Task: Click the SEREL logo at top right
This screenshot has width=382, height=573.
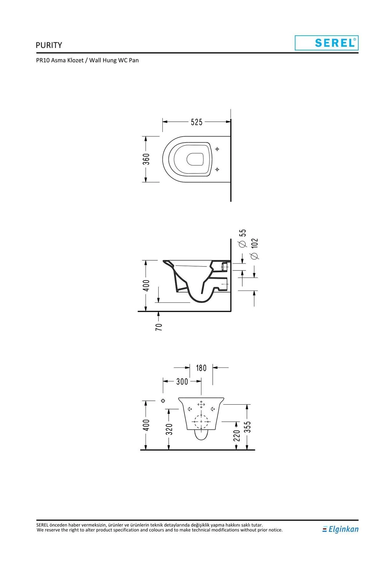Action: coord(327,43)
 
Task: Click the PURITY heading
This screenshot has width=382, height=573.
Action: coord(49,45)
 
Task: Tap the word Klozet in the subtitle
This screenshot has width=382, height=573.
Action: coord(75,60)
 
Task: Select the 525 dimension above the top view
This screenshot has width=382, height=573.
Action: coord(196,122)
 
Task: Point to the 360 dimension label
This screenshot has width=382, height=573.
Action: coord(146,159)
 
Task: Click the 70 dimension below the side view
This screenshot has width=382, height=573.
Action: coord(159,327)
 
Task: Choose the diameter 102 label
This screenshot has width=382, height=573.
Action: coord(254,249)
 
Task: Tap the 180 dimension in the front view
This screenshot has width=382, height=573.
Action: coord(201,368)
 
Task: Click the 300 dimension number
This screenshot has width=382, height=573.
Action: coord(182,381)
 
